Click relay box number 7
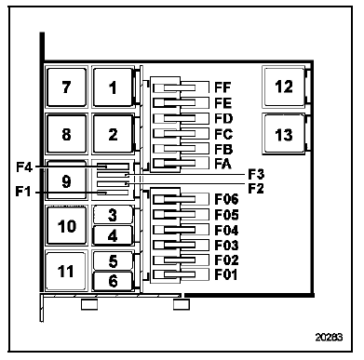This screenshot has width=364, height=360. click(x=65, y=88)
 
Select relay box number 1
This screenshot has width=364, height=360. click(x=113, y=88)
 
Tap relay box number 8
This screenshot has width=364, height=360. click(x=65, y=135)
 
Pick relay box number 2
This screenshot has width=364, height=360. click(x=113, y=135)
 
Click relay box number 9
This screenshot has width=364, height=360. click(x=65, y=181)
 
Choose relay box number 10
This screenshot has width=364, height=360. click(x=65, y=226)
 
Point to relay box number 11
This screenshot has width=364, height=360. click(x=65, y=273)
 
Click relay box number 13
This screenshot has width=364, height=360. click(x=284, y=135)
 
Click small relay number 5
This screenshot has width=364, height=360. click(x=113, y=261)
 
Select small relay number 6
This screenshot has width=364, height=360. click(x=113, y=280)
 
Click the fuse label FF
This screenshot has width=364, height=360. click(x=222, y=89)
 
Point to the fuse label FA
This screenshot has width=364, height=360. click(x=222, y=163)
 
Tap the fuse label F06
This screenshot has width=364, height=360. click(x=225, y=198)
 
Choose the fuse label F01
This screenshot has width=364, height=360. click(x=225, y=274)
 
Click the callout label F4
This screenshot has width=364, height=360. click(x=25, y=168)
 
